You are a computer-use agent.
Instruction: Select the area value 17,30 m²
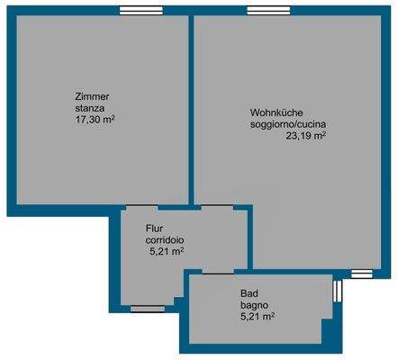(95, 118)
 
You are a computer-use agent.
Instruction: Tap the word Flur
(154, 229)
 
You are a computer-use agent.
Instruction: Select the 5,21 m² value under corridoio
(167, 252)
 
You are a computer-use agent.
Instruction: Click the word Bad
(249, 293)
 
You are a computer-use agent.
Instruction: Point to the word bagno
(253, 304)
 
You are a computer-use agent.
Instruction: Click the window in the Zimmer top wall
(134, 11)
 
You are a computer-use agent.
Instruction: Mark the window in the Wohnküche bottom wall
(361, 273)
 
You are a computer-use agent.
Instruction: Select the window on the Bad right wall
(337, 290)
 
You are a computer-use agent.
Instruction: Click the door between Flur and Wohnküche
(215, 208)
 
